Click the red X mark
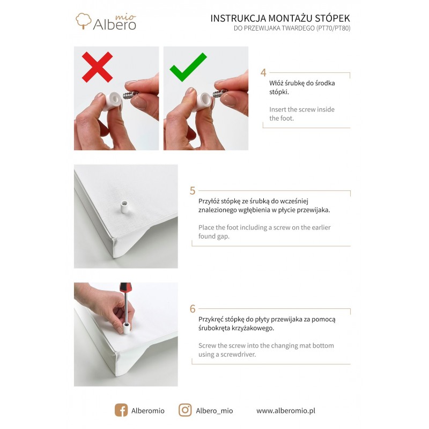[x=98, y=67]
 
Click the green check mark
[x=188, y=68]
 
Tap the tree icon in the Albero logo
[x=84, y=21]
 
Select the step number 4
[x=263, y=72]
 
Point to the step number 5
[x=193, y=191]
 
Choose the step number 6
[x=193, y=309]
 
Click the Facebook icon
[x=121, y=410]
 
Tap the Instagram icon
[x=185, y=410]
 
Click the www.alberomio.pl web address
[x=286, y=411]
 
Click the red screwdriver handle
[x=125, y=288]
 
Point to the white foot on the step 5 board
[x=124, y=208]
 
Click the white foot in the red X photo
[x=113, y=101]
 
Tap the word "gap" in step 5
[x=223, y=236]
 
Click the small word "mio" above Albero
[x=125, y=17]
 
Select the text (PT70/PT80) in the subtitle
[x=333, y=28]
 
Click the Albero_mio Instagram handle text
[x=214, y=411]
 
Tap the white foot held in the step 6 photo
[x=127, y=328]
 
